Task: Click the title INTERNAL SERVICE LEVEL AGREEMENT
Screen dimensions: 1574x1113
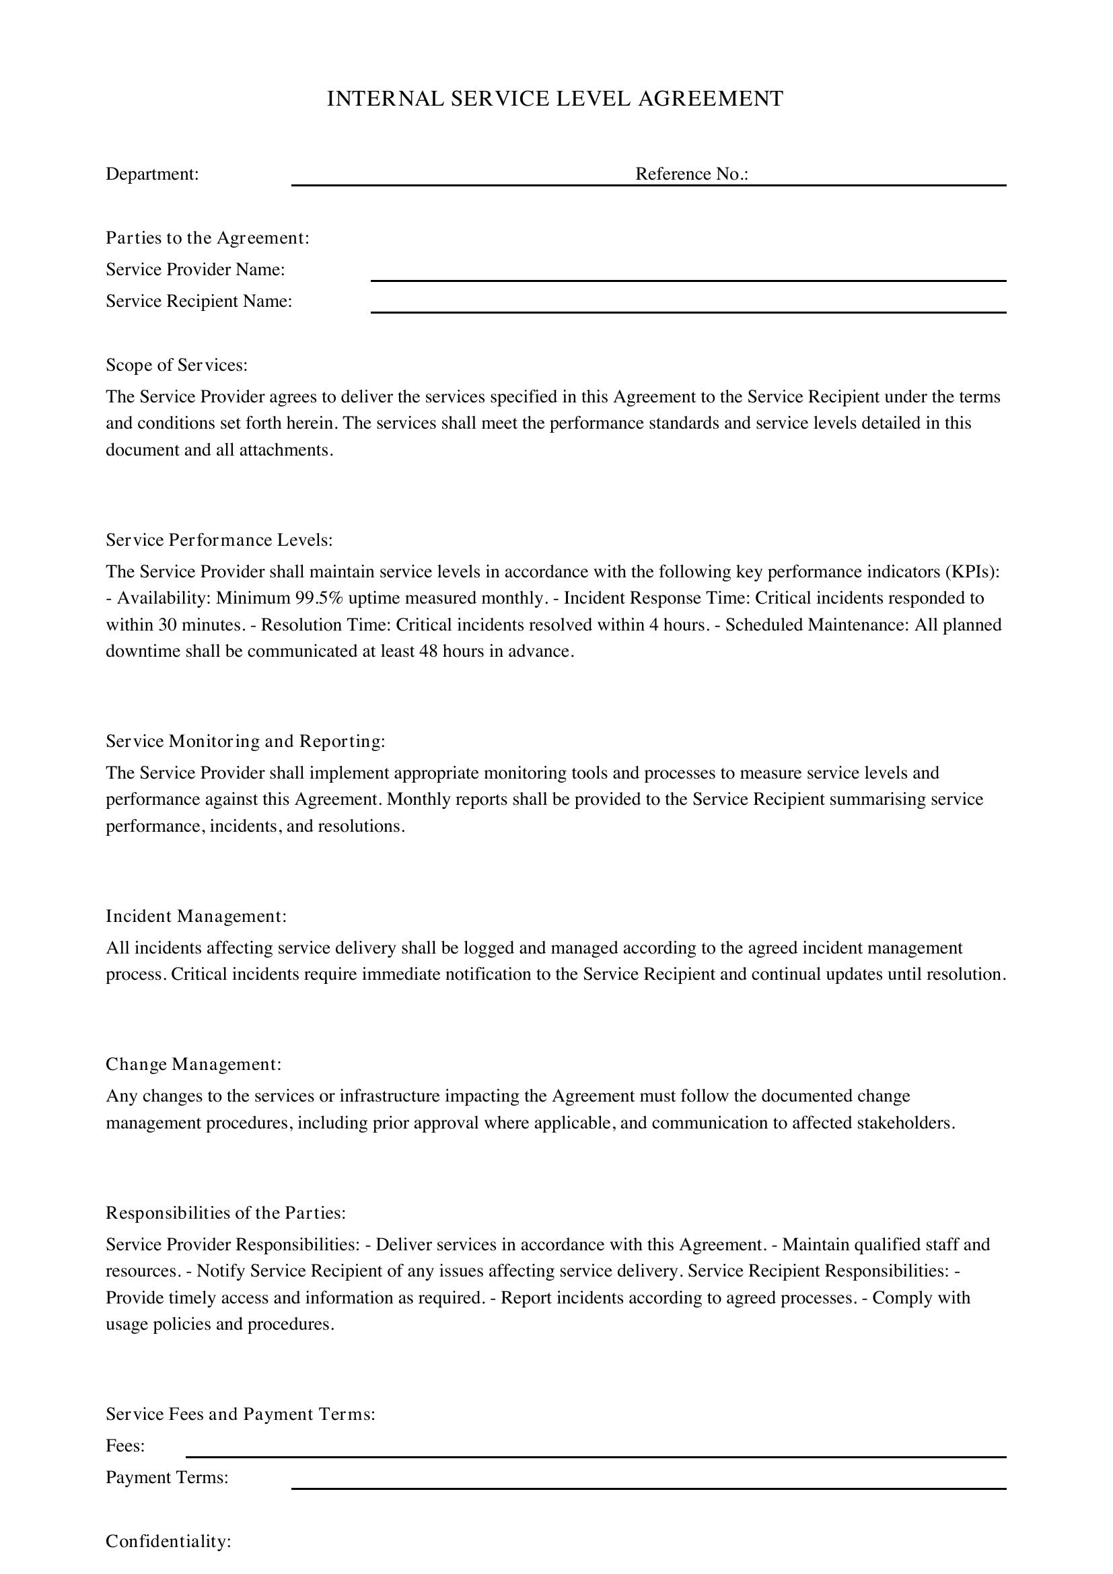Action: tap(555, 100)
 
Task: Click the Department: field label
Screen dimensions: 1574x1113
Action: tap(152, 174)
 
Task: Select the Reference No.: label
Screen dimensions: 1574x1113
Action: tap(692, 174)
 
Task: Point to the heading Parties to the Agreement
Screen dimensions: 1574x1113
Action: tap(208, 238)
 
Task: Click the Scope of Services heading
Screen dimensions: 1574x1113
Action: tap(177, 365)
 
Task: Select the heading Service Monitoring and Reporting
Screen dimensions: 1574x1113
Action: tap(246, 741)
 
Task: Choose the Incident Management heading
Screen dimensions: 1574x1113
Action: tap(196, 916)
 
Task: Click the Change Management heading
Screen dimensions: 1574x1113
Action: tap(194, 1065)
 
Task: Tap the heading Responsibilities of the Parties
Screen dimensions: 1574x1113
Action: tap(225, 1213)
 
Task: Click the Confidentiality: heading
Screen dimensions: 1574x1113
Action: tap(169, 1542)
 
